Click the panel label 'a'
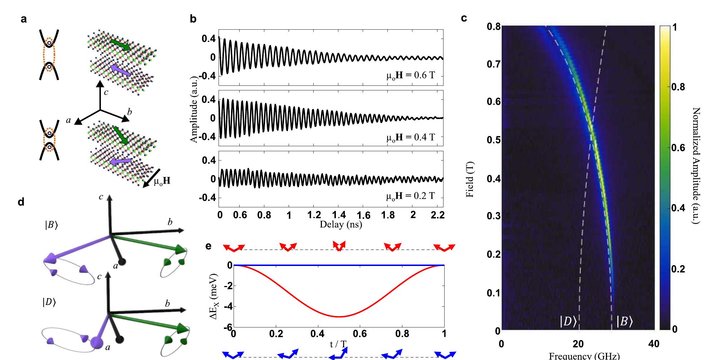point(24,19)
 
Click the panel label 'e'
point(209,246)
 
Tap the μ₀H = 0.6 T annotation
point(410,76)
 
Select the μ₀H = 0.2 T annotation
point(410,196)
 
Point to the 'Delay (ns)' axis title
point(341,225)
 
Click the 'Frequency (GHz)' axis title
point(579,356)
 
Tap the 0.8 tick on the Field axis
point(494,26)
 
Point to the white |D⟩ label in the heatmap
point(568,322)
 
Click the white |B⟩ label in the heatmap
point(624,322)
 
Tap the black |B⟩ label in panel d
point(51,226)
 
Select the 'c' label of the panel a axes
point(106,92)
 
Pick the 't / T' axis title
point(338,345)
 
